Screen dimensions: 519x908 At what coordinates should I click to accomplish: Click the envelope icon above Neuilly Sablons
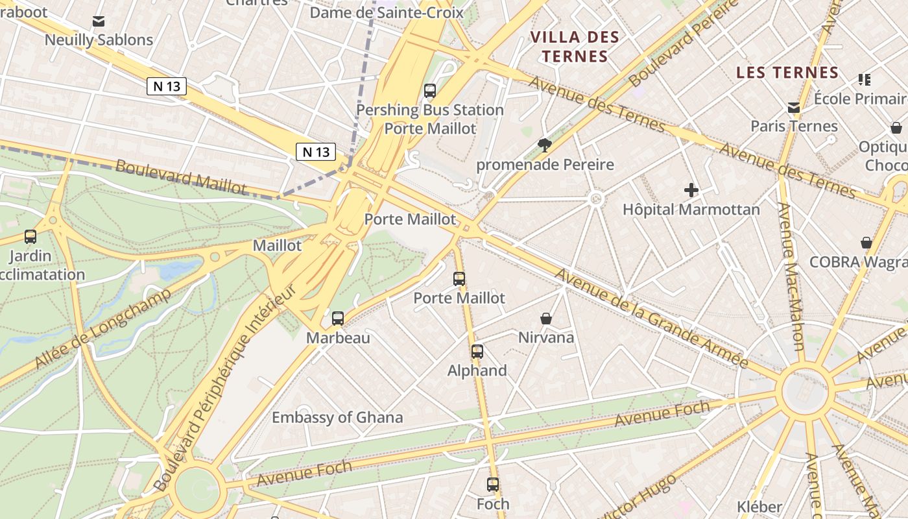(x=99, y=21)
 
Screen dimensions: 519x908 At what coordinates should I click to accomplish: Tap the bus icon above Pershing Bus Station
(x=430, y=91)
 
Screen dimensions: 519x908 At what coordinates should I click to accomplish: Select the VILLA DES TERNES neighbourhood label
(x=575, y=47)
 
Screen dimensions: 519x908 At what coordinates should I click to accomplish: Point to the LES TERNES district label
(x=788, y=73)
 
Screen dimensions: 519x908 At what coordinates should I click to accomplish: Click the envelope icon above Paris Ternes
(x=794, y=108)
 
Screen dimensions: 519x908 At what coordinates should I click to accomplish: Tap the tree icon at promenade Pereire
(x=544, y=145)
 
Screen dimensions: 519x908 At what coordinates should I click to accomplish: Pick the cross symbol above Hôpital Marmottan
(x=691, y=191)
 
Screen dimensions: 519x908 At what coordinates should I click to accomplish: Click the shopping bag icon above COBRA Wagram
(x=866, y=243)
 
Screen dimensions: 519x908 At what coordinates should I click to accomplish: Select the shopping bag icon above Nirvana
(x=546, y=319)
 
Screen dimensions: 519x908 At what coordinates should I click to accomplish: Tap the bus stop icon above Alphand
(x=477, y=352)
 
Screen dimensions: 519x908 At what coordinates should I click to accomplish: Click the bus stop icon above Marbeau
(x=338, y=319)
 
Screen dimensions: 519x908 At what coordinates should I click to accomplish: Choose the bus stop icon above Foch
(x=493, y=485)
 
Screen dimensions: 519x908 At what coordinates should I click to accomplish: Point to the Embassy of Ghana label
(x=337, y=417)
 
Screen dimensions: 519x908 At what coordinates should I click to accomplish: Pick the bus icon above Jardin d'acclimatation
(x=30, y=237)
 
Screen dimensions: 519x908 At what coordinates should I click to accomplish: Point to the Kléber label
(x=759, y=507)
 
